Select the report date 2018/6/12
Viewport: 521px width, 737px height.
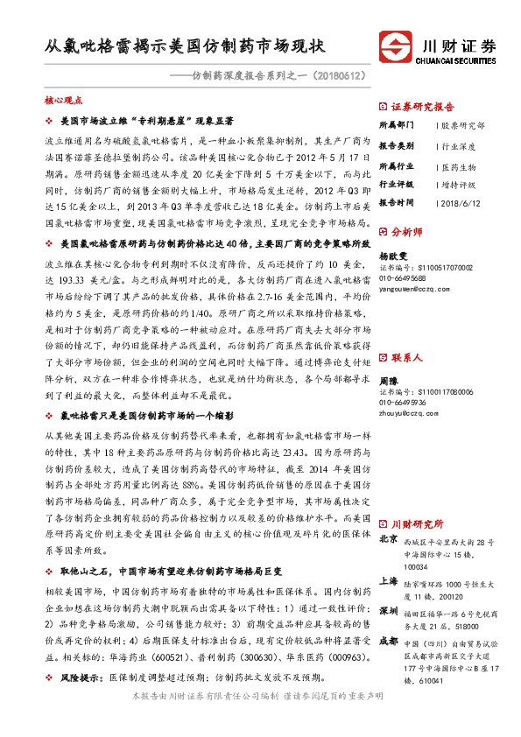coord(461,203)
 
